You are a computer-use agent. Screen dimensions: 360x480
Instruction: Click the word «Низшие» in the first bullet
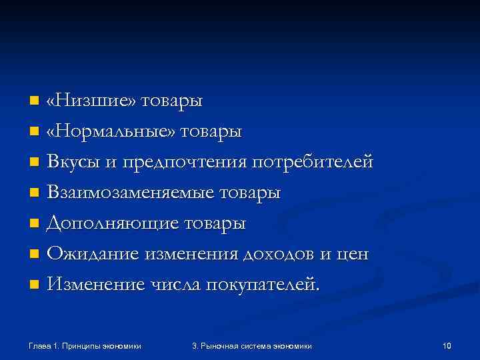[91, 101]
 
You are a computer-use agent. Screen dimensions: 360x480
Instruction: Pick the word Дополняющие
[109, 224]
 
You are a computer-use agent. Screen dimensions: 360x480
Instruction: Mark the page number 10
[447, 345]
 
